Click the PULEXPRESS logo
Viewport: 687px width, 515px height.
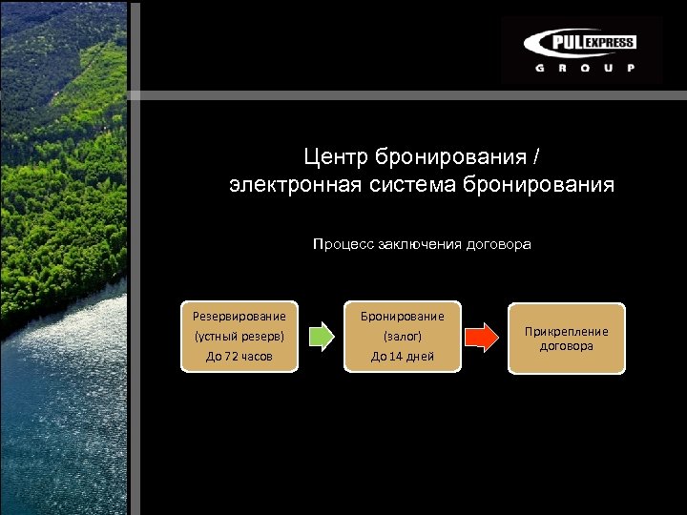pyautogui.click(x=580, y=43)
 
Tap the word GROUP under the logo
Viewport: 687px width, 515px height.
pyautogui.click(x=580, y=69)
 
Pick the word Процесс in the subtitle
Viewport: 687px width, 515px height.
pyautogui.click(x=343, y=244)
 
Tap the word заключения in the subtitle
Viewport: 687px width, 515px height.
pyautogui.click(x=421, y=244)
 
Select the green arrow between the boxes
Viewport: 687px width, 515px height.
pyautogui.click(x=323, y=336)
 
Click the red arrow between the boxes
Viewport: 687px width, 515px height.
pyautogui.click(x=481, y=336)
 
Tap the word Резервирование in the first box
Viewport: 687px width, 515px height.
pyautogui.click(x=239, y=316)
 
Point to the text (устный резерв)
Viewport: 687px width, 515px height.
pyautogui.click(x=239, y=336)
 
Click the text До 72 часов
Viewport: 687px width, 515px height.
pyautogui.click(x=239, y=356)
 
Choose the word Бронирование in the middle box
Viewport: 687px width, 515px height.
pyautogui.click(x=402, y=316)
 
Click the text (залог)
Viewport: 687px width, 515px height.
pyautogui.click(x=402, y=336)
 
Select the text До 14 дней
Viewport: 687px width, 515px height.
pyautogui.click(x=402, y=356)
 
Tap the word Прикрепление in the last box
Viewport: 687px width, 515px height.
pyautogui.click(x=566, y=331)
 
